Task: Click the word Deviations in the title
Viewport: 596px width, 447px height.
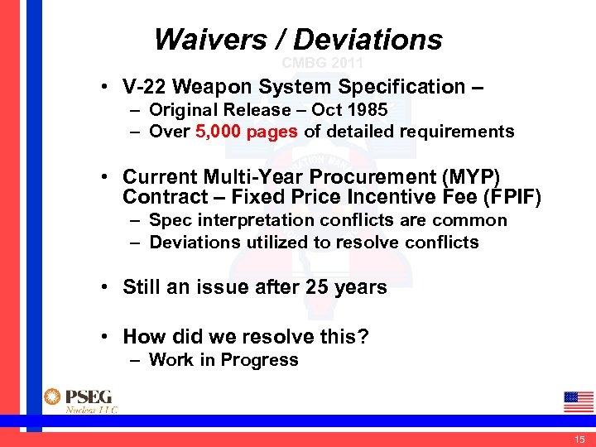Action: coord(368,39)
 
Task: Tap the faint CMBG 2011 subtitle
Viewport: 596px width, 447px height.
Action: coord(322,63)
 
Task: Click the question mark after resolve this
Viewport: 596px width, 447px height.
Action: coord(364,337)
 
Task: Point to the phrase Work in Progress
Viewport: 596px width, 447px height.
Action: coord(223,360)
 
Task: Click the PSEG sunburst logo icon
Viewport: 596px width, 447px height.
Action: coord(52,397)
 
